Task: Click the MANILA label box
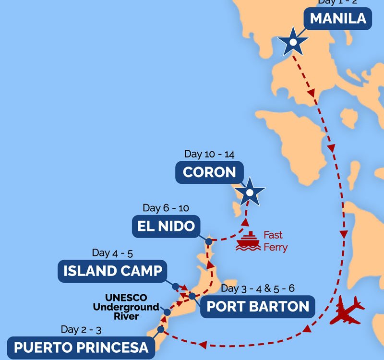338,19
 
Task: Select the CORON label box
209,172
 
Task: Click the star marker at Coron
249,193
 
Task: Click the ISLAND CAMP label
113,271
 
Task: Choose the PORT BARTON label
258,306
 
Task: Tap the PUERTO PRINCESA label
81,347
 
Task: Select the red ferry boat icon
248,241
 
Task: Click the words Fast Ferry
275,241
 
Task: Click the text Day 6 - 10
166,208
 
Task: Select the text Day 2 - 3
81,329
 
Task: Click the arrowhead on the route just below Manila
311,91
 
